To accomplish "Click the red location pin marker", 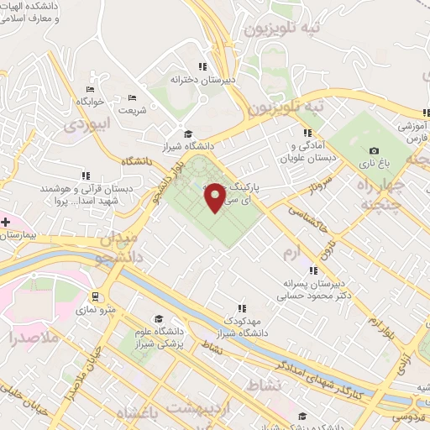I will coord(215,197).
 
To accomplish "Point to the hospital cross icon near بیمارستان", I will coord(6,222).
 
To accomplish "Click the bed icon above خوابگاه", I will coord(90,90).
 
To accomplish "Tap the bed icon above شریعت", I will coord(134,97).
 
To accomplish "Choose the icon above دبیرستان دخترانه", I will coord(202,66).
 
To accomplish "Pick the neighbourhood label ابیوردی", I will coord(87,124).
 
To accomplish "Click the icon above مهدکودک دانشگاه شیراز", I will coord(242,308).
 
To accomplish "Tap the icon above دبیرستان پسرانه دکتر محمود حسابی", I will coord(312,270).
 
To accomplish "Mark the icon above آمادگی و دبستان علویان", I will coord(308,132).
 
